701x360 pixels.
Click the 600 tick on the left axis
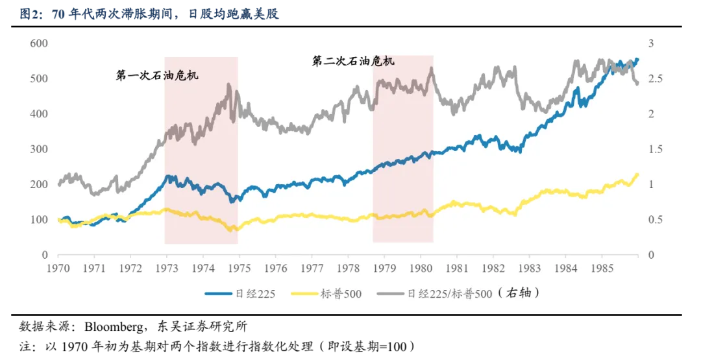40,43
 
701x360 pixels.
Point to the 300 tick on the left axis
40,149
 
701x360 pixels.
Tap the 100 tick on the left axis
40,220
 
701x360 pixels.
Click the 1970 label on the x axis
58,267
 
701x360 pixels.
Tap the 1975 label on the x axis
240,267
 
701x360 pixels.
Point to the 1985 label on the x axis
601,267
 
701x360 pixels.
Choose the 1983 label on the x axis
528,267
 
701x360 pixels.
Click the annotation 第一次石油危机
157,75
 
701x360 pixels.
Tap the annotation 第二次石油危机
353,61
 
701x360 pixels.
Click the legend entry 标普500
341,294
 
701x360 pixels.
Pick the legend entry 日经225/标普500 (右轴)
474,293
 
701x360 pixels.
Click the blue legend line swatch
219,294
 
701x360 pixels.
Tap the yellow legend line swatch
303,294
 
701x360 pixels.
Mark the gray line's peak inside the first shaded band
228,84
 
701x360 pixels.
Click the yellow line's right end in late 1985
637,174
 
